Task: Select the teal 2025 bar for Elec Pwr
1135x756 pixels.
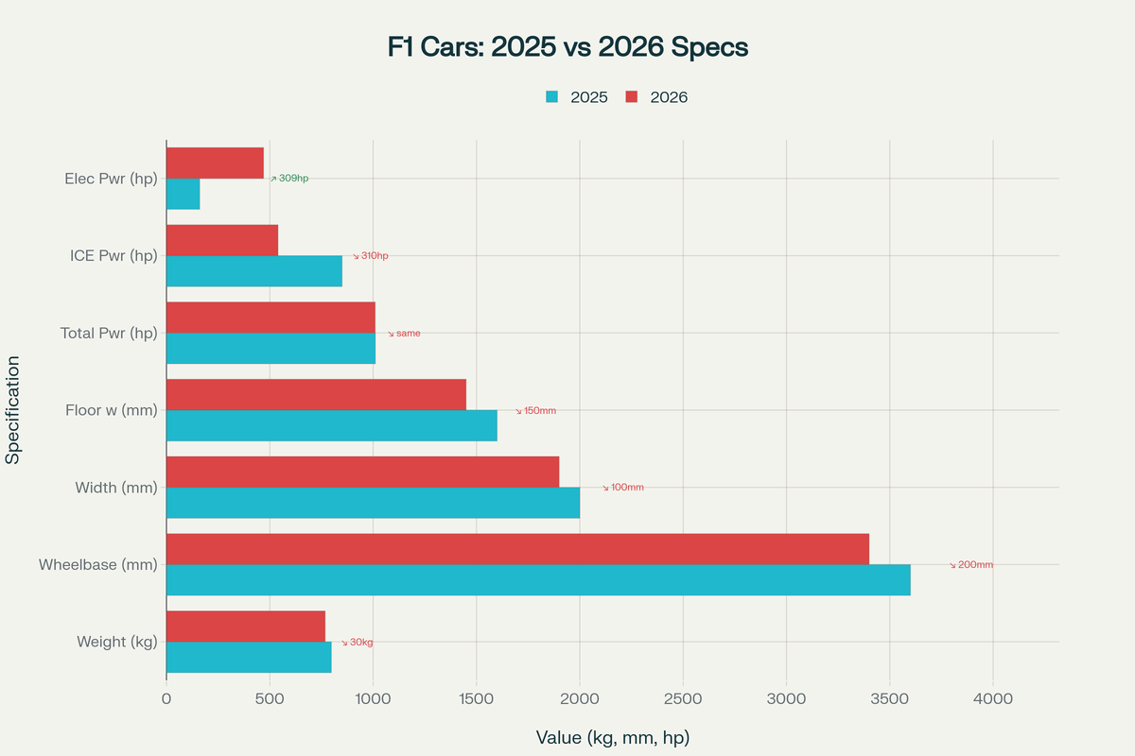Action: (x=183, y=194)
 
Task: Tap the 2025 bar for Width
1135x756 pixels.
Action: (x=373, y=503)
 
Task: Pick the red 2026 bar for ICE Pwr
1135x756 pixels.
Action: (x=222, y=240)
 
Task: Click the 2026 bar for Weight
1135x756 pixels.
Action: (x=246, y=627)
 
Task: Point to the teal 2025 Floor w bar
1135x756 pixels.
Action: (x=331, y=425)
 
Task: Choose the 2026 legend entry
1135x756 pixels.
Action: (x=656, y=96)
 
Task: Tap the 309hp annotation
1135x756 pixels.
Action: (x=289, y=178)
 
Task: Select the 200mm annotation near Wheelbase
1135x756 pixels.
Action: (x=971, y=565)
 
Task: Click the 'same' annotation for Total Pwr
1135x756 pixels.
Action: (x=404, y=334)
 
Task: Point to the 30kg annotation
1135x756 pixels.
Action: (x=358, y=643)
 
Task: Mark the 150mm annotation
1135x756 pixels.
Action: (x=536, y=411)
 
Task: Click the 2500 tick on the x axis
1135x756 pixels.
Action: (x=683, y=699)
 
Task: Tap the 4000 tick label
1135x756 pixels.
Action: (x=992, y=699)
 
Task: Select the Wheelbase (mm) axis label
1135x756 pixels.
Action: (x=97, y=565)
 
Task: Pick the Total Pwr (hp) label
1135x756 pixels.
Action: (x=109, y=334)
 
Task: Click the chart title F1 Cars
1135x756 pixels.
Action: (x=567, y=47)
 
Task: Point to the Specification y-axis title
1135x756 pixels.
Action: (x=13, y=410)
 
